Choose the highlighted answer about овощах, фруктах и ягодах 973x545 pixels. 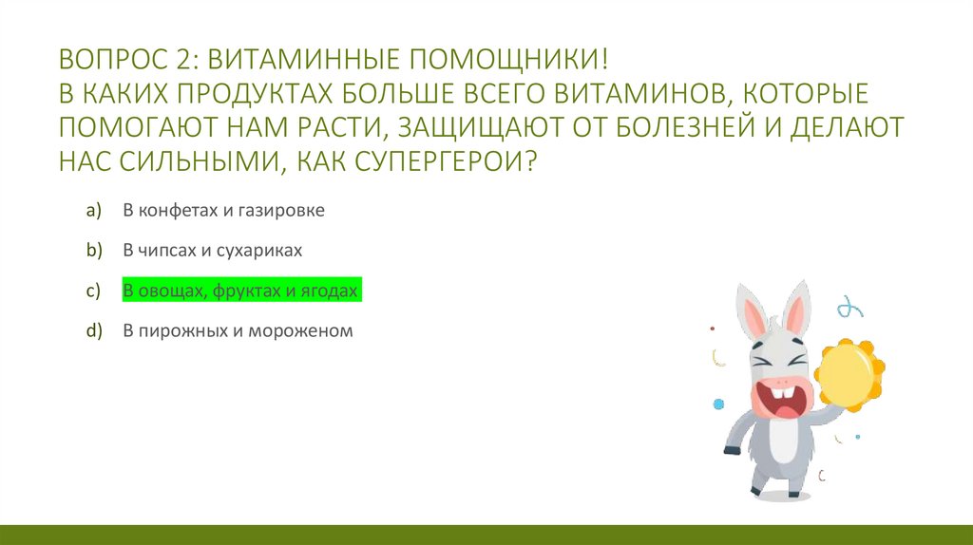[x=240, y=291]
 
